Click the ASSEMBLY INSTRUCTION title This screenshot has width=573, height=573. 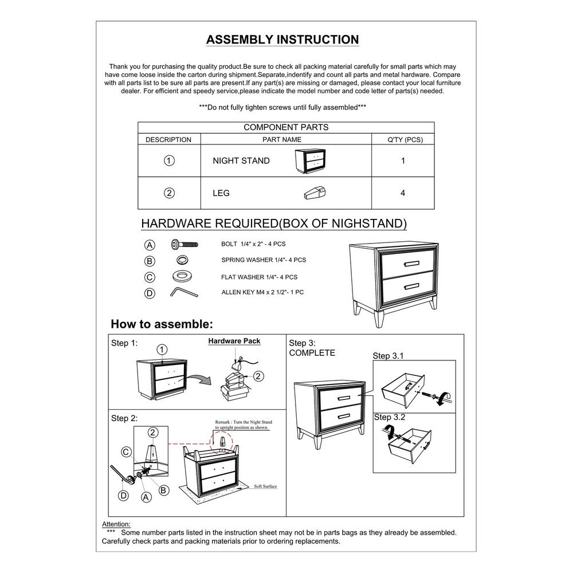[282, 40]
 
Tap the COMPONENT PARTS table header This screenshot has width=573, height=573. [286, 127]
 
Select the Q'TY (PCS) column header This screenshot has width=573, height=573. [403, 139]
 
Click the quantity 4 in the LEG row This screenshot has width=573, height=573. [403, 193]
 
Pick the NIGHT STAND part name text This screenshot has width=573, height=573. [241, 161]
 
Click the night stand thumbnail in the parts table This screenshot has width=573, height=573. [309, 160]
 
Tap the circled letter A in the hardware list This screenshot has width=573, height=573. [150, 245]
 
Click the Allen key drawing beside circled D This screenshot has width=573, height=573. [183, 292]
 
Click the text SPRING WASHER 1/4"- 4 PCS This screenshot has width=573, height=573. [264, 260]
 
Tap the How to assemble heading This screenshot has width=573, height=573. [162, 324]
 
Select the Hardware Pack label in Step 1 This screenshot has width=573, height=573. [234, 341]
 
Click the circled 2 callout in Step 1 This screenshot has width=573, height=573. [258, 376]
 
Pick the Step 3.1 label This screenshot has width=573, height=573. [388, 356]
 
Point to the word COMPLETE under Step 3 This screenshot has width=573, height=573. [312, 353]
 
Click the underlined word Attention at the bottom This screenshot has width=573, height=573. [116, 524]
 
